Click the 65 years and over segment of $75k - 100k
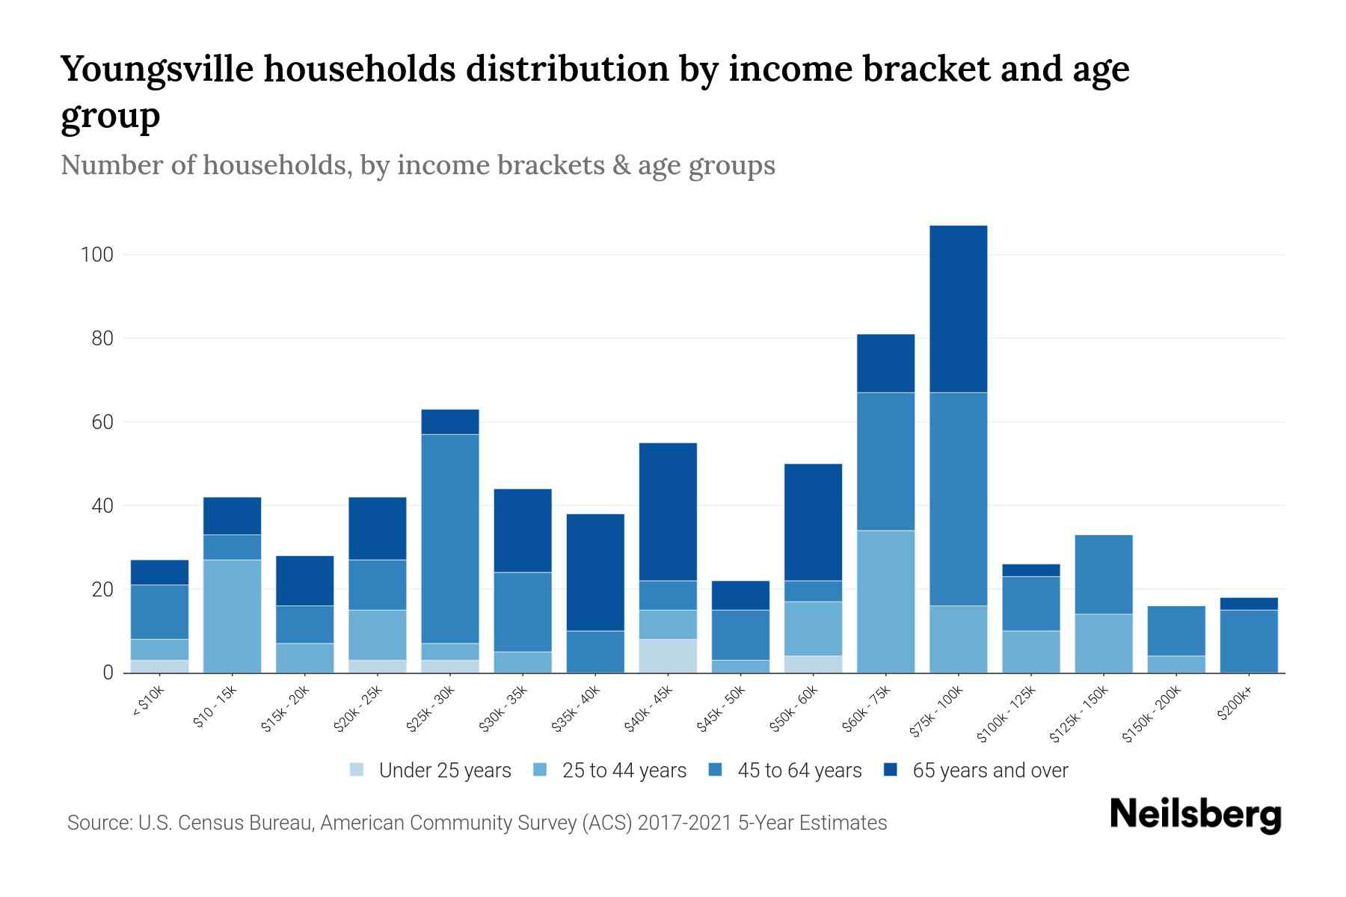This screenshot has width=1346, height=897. tap(958, 309)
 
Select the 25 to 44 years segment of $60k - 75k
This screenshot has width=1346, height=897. tap(885, 601)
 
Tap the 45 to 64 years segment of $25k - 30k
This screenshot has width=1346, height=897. tap(450, 538)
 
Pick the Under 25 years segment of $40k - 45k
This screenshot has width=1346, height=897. tap(668, 656)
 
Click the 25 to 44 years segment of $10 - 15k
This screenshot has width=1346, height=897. tap(232, 616)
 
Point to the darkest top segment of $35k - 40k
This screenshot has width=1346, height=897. tap(595, 572)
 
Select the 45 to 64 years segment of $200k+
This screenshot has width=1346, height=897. tap(1248, 641)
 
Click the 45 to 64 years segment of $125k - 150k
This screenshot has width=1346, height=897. tap(1103, 574)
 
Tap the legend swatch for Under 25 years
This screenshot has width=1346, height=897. tap(357, 770)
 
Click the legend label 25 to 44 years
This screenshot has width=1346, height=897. tap(624, 771)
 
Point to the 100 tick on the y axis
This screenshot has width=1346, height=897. tap(96, 255)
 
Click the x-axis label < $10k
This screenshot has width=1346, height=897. tap(149, 702)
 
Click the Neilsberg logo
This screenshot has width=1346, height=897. tap(1195, 815)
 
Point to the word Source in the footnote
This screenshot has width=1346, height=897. tap(97, 823)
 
